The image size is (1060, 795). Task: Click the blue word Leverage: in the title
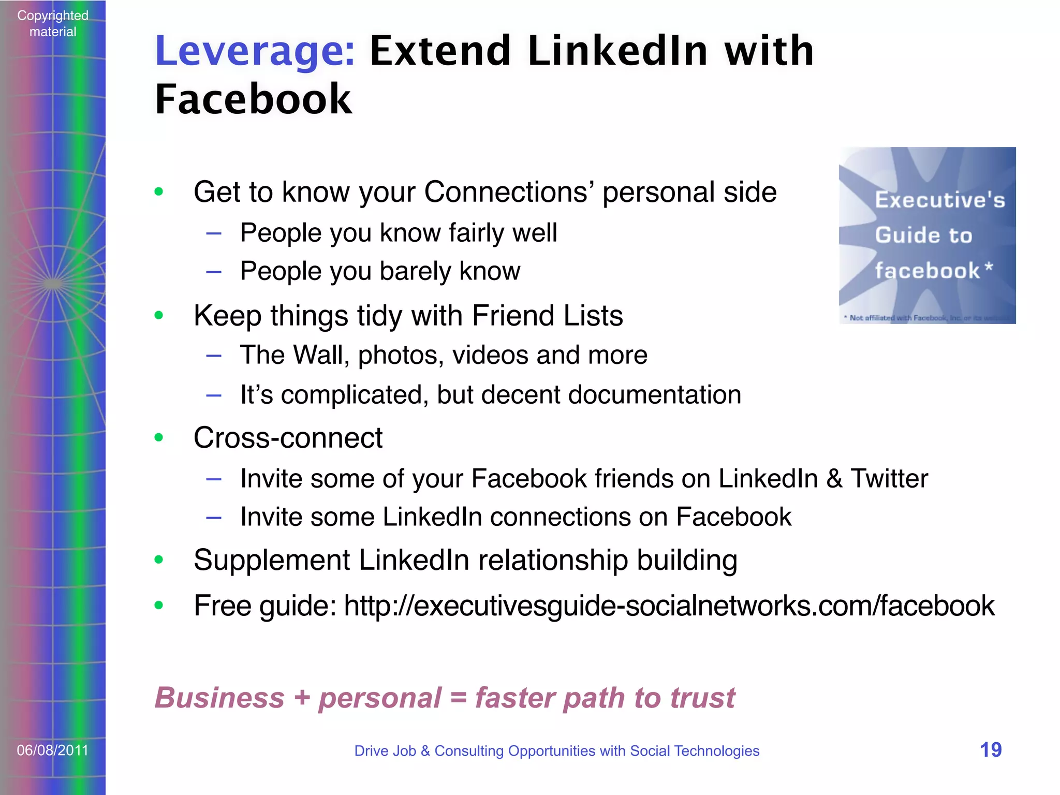255,51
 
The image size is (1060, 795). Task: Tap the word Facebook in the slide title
253,99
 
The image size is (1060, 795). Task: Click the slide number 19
991,750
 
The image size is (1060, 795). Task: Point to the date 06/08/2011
53,750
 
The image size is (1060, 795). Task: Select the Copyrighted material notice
53,23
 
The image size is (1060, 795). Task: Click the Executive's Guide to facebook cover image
927,235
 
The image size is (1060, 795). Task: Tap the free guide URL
669,606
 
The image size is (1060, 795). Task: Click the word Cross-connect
288,438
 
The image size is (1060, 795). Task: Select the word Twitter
890,478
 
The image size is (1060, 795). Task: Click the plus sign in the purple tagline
302,698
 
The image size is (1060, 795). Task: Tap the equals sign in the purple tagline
459,698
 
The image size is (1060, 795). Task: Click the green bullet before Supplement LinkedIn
159,560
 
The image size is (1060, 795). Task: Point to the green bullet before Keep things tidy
159,315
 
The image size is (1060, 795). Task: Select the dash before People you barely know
214,271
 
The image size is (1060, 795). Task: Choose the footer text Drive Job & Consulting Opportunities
556,750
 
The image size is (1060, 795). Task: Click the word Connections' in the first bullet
509,192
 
